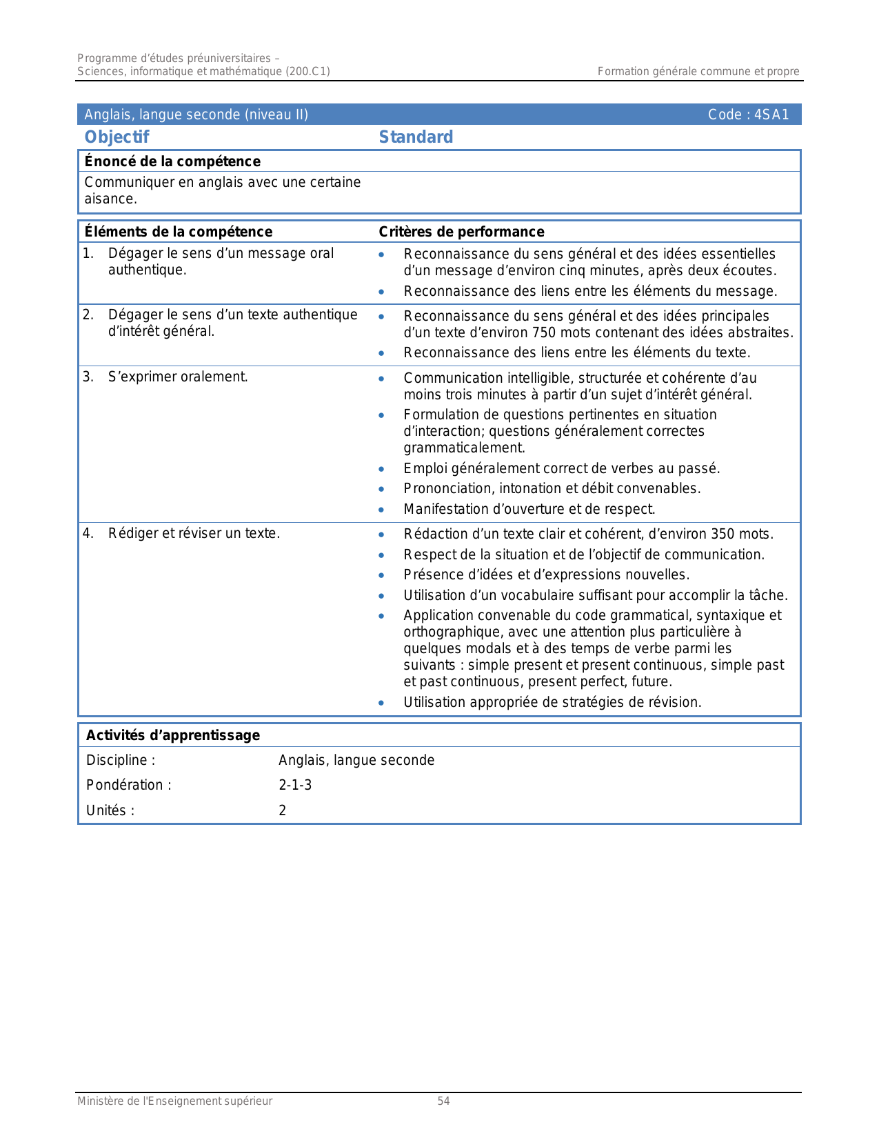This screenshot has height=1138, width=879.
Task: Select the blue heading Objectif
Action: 117,137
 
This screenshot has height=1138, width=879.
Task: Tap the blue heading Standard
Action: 416,137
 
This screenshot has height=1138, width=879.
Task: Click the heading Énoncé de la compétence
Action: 172,161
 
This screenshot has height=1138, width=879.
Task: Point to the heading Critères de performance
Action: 461,232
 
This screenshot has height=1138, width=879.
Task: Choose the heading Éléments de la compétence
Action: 178,232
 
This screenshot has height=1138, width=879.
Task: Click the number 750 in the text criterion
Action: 545,332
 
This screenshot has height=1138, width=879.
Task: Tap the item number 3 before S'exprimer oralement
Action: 88,377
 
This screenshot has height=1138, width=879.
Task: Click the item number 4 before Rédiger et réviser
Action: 88,533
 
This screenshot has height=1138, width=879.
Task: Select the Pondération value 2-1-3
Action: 295,785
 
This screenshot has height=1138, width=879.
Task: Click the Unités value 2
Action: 283,810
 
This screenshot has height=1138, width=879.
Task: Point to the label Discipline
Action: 120,760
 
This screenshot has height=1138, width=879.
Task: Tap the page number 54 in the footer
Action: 443,1101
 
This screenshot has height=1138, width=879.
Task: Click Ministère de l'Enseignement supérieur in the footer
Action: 174,1101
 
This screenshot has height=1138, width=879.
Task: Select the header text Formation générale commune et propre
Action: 698,71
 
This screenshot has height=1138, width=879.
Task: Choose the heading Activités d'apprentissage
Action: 172,735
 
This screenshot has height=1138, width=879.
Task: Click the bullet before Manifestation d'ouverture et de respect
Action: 381,510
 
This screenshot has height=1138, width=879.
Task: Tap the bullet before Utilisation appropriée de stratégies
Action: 381,703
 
